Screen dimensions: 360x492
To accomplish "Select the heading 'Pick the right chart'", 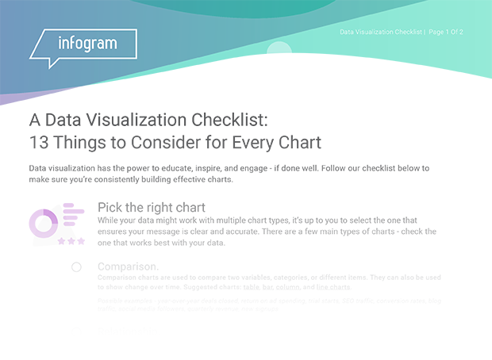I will tap(151, 207).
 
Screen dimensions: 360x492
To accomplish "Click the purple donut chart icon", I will tap(44, 222).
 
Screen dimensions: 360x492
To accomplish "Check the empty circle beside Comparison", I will tap(76, 267).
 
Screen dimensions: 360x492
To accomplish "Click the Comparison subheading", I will tap(128, 266).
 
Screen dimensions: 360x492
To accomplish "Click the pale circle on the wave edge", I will tap(279, 52).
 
